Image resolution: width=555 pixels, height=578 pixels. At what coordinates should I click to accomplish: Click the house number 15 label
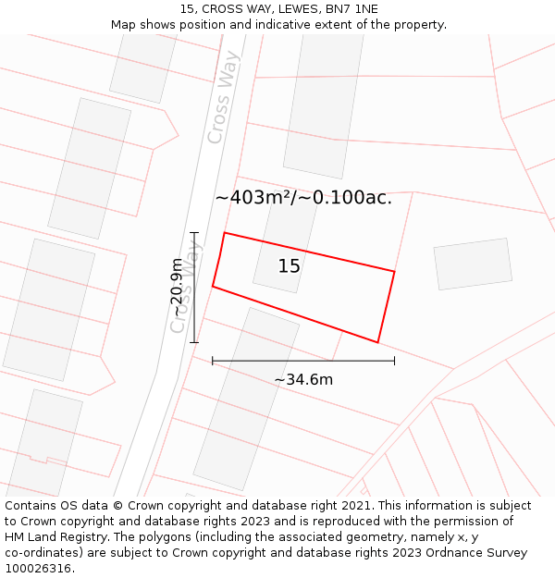click(290, 266)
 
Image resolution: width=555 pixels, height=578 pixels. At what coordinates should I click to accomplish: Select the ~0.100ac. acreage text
click(352, 197)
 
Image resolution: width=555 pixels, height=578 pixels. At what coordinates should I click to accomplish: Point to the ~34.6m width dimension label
click(303, 379)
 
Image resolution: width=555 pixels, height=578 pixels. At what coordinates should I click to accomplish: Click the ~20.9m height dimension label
click(177, 288)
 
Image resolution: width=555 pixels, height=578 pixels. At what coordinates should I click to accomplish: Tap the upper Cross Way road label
click(223, 97)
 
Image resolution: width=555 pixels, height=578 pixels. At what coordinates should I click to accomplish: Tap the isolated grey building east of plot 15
click(473, 264)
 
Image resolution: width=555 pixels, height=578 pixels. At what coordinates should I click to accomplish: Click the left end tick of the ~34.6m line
click(213, 361)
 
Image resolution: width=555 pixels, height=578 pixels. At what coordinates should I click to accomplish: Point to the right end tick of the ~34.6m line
click(394, 361)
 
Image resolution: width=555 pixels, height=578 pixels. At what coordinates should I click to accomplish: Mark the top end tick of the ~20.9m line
click(194, 232)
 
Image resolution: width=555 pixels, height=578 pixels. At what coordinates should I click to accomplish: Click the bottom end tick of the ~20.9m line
click(194, 342)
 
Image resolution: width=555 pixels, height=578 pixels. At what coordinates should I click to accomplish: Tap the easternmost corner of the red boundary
click(395, 272)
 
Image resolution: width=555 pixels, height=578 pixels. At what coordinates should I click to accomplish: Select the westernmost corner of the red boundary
click(213, 287)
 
